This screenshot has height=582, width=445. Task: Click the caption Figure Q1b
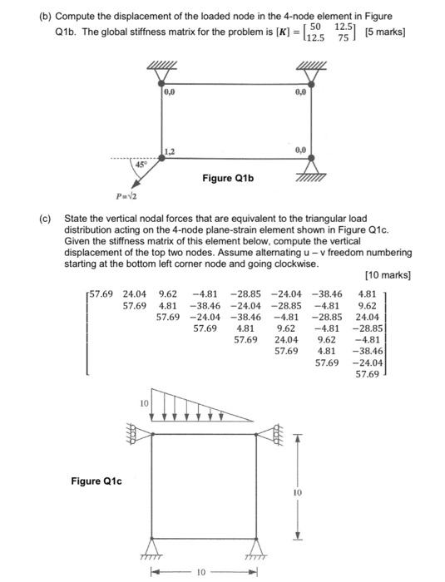pos(227,179)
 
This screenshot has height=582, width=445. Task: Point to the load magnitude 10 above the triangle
pos(143,402)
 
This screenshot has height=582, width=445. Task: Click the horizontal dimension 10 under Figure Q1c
pos(200,573)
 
